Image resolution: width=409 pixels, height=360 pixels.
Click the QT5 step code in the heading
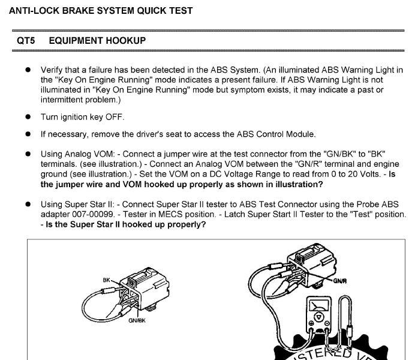coord(25,40)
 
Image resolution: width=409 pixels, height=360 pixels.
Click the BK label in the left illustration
coord(106,280)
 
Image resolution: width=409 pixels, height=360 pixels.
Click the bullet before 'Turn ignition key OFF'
coord(28,116)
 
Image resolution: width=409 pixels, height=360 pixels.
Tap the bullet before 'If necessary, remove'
coord(28,134)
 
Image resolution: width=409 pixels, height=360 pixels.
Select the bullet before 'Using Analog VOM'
coord(28,154)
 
